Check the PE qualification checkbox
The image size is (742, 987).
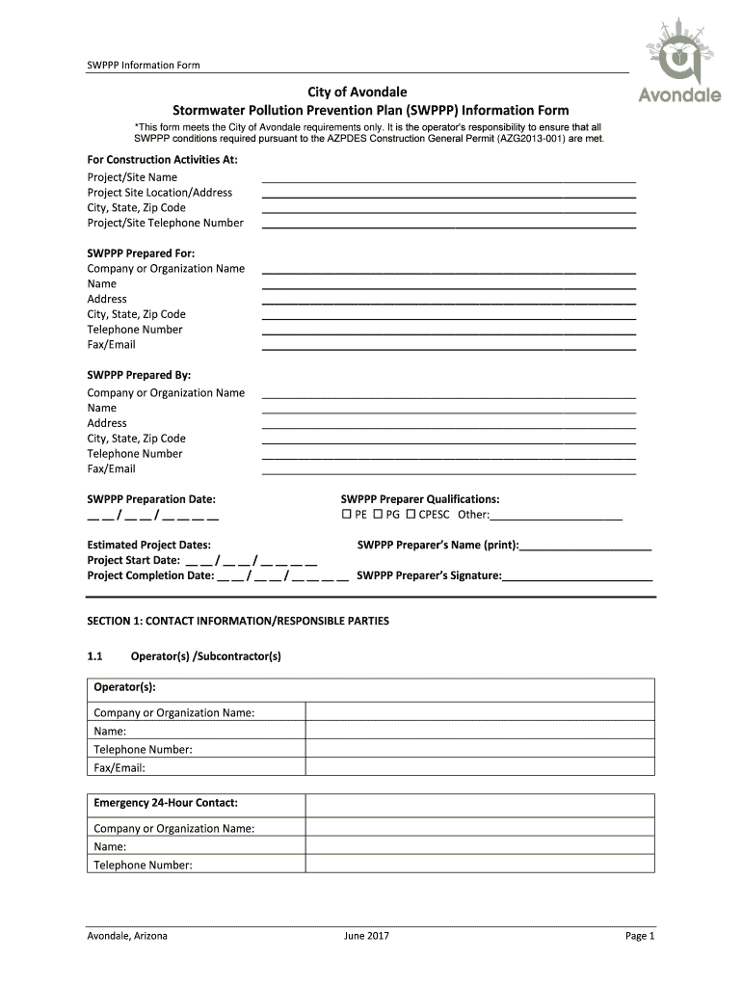tap(347, 515)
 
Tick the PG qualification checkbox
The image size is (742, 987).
tap(379, 515)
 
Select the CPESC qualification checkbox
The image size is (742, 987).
tap(411, 515)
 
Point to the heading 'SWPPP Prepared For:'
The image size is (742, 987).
tap(141, 253)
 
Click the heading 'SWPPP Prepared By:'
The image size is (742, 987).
tap(139, 376)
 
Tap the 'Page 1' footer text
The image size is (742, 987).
tap(639, 936)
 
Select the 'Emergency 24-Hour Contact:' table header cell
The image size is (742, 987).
tap(166, 803)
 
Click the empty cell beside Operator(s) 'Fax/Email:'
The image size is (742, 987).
tap(479, 768)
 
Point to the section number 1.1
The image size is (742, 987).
tap(94, 656)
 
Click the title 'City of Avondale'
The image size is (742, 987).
tap(358, 92)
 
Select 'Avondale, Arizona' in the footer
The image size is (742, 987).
tap(127, 936)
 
